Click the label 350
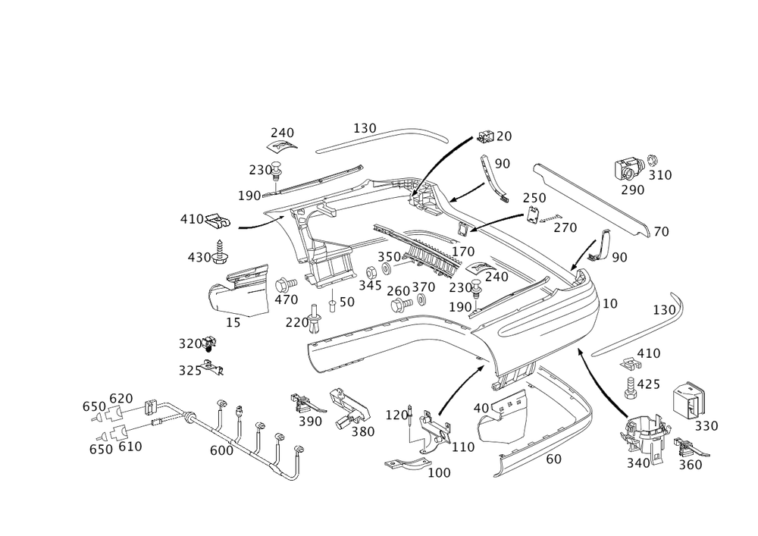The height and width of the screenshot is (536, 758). (389, 257)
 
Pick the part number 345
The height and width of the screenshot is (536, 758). (371, 286)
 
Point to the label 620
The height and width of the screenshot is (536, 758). (121, 399)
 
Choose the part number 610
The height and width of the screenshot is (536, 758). (131, 447)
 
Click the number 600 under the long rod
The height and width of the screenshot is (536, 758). (221, 450)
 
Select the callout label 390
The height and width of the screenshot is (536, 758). (311, 421)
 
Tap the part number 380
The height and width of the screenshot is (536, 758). (362, 433)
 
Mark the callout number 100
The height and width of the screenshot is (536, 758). (440, 472)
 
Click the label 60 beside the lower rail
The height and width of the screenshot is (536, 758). (553, 459)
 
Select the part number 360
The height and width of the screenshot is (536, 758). (690, 464)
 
